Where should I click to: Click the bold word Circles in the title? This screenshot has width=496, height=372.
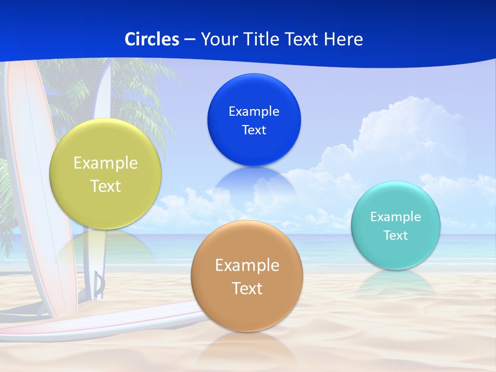pos(151,39)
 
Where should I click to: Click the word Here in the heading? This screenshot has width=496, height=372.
pos(343,39)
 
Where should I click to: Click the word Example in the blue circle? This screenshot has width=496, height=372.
pos(254,112)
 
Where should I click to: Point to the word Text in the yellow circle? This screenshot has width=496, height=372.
pos(105,186)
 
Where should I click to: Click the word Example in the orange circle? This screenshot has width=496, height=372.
pos(247,266)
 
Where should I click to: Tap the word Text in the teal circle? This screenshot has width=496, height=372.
pos(395,236)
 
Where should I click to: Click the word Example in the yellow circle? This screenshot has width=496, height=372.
pos(105,163)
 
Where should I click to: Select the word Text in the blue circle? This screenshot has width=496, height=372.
pos(254,130)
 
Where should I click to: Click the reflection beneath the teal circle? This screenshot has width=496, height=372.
pos(395,282)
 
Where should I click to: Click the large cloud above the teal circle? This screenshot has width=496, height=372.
pos(403,134)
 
